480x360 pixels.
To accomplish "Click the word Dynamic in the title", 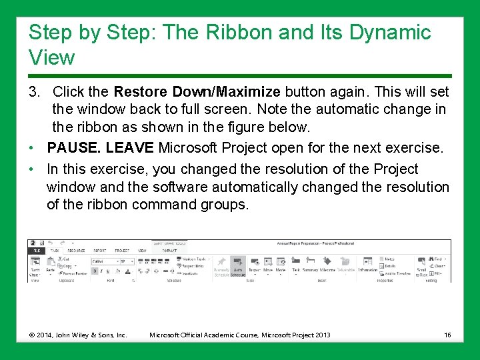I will (389, 32).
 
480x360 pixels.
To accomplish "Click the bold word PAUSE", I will (71, 147).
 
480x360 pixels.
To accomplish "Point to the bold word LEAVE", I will (133, 147).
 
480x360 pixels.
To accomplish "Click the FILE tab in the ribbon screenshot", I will (35, 251).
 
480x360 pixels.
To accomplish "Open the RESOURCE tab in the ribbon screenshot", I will (76, 251).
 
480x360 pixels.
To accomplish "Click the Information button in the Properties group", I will (367, 266).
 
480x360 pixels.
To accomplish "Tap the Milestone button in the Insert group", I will (327, 266).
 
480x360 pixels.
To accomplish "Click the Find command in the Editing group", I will (437, 259).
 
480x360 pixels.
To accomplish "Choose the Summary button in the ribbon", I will (310, 266).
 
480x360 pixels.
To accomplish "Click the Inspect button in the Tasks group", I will (254, 266).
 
